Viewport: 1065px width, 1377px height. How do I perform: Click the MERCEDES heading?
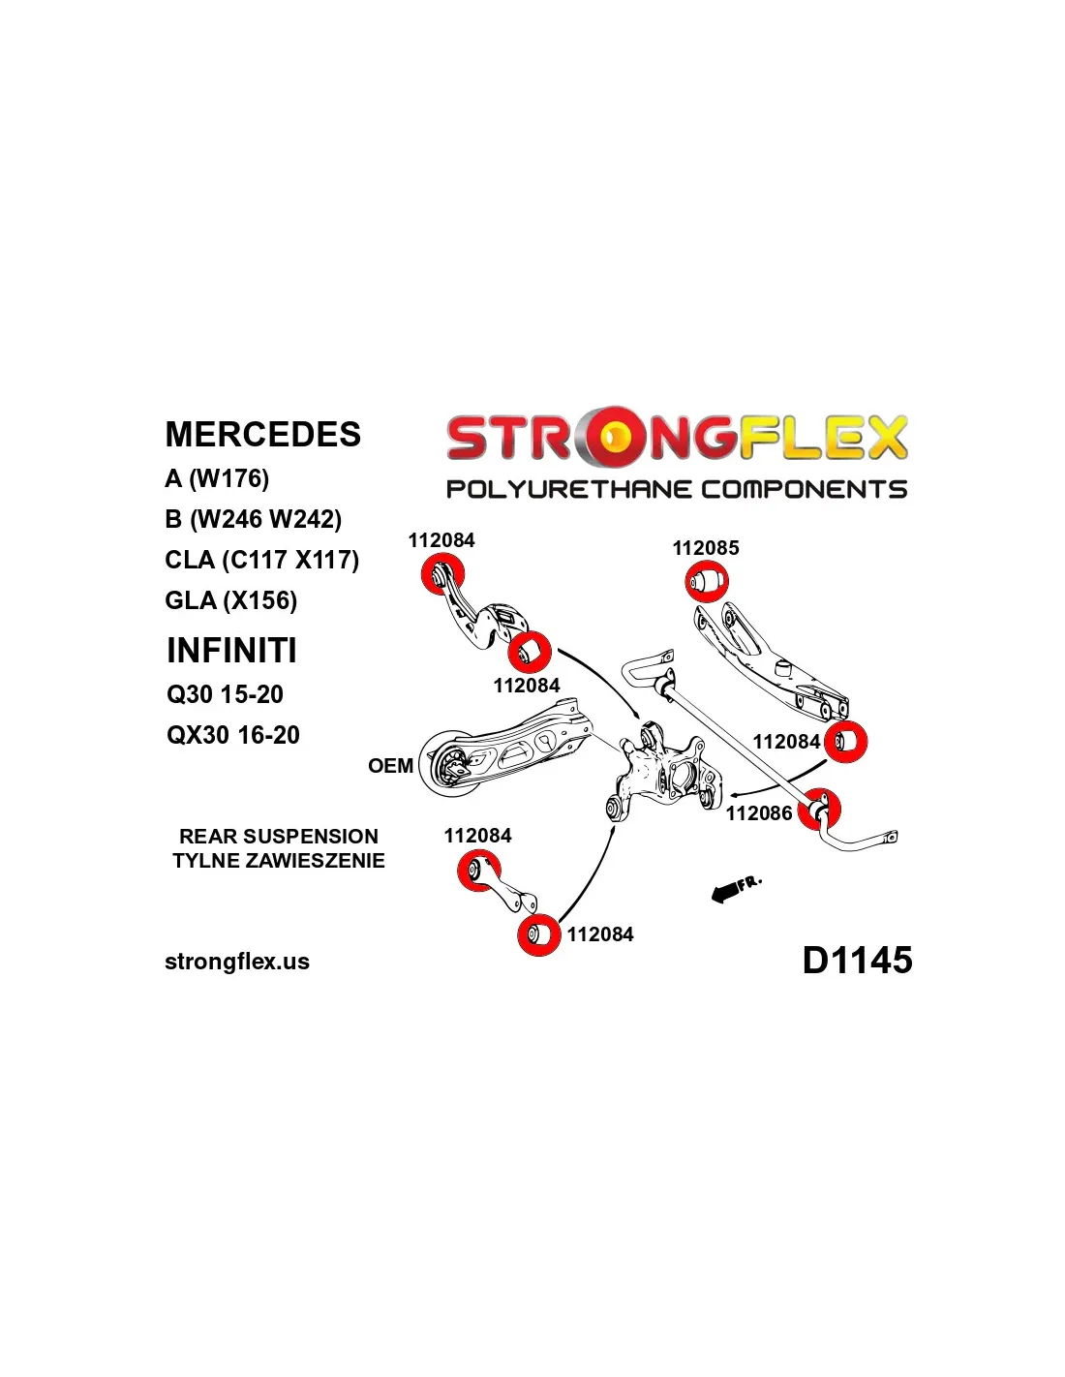262,435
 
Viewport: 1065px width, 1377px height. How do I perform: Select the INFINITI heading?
231,651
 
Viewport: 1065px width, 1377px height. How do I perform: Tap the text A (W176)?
217,478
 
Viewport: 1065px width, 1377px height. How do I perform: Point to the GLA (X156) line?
230,600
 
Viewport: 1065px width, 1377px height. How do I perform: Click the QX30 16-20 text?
232,735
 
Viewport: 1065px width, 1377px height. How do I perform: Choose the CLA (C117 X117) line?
261,560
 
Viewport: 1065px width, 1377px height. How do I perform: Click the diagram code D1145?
857,960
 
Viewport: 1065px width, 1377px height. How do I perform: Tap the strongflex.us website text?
237,962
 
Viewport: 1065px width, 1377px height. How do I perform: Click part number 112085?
705,548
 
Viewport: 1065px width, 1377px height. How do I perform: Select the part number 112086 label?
759,813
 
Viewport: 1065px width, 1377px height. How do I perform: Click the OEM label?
390,766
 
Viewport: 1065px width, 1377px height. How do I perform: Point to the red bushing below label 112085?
707,582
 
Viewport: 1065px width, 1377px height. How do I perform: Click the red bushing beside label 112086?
820,809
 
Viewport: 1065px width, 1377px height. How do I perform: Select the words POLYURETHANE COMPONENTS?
676,489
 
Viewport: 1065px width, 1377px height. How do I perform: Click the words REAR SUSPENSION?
278,837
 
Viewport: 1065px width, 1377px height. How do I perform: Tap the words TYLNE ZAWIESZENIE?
278,861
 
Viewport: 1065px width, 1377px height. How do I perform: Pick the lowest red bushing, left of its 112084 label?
538,934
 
